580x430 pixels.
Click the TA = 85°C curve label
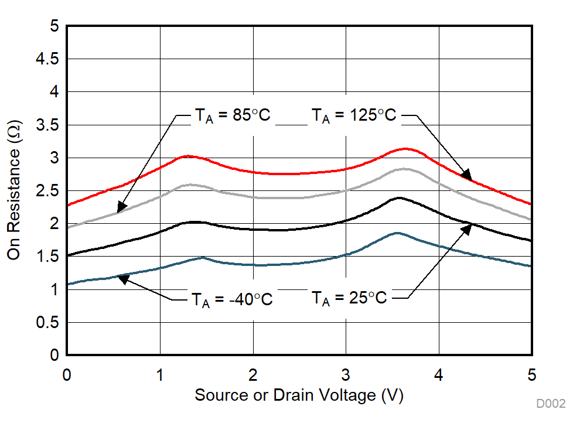pyautogui.click(x=232, y=115)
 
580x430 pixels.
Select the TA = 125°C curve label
pyautogui.click(x=353, y=115)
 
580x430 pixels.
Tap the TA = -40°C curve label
pyautogui.click(x=232, y=299)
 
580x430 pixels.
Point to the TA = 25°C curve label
pyautogui.click(x=349, y=298)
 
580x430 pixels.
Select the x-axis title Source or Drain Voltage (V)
pyautogui.click(x=299, y=395)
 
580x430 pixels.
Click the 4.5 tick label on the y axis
pyautogui.click(x=47, y=59)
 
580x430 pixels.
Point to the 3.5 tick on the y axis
pyautogui.click(x=47, y=125)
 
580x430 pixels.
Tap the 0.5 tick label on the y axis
pyautogui.click(x=47, y=323)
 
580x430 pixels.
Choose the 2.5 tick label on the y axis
pyautogui.click(x=47, y=191)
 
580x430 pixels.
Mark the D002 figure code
pyautogui.click(x=551, y=404)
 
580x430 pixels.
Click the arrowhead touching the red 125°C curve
pyautogui.click(x=467, y=174)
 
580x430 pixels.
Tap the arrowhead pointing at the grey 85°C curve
pyautogui.click(x=122, y=206)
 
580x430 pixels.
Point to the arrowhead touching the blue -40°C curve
pyautogui.click(x=123, y=278)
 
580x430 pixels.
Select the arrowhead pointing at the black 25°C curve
pyautogui.click(x=467, y=228)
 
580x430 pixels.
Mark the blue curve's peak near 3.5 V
pyautogui.click(x=397, y=233)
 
